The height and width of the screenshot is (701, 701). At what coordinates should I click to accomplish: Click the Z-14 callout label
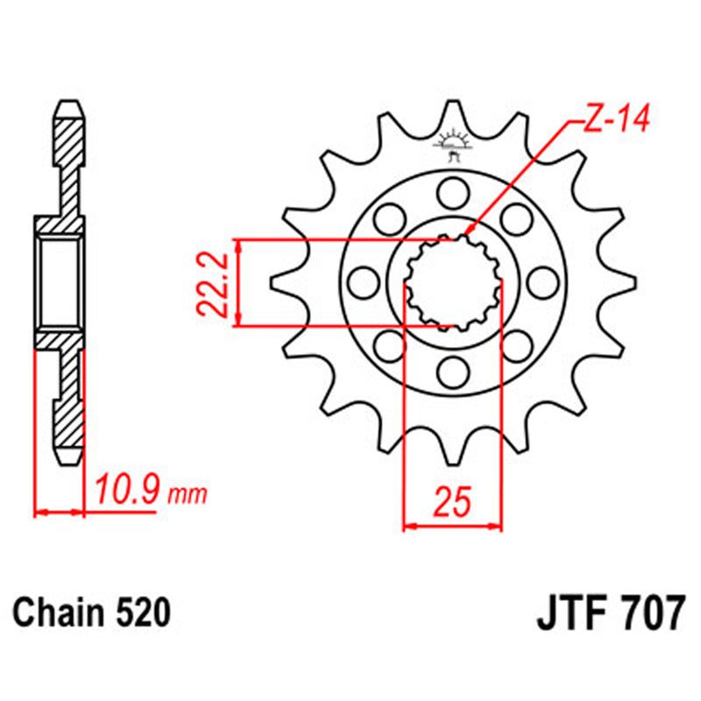point(614,121)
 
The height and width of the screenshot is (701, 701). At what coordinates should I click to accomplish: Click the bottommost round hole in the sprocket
point(453,372)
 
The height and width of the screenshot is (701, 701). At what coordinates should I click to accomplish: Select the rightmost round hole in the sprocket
point(544,281)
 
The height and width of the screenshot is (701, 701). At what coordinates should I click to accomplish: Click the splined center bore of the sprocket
point(453,281)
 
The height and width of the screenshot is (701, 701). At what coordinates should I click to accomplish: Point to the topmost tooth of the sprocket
point(453,110)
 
